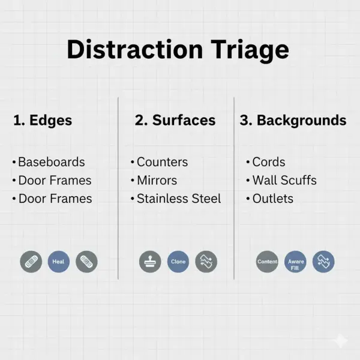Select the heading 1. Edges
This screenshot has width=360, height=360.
43,120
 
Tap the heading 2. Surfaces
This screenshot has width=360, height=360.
175,120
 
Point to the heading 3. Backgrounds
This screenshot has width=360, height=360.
293,120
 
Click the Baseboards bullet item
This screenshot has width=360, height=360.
51,162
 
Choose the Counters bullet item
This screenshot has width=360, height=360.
162,162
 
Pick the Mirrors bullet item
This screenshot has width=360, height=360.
157,180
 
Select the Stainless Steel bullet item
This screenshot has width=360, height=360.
178,199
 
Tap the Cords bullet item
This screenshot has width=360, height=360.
268,162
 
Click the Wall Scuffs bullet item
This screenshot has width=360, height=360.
284,180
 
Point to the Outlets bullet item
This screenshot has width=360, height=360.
272,199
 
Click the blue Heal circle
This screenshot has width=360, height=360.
58,262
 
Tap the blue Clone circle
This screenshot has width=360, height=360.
178,262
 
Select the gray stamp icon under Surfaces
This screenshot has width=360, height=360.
150,262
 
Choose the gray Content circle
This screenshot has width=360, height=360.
267,262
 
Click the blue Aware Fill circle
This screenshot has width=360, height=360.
295,262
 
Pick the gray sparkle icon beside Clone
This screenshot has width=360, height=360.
206,262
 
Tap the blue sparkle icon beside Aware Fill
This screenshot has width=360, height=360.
323,262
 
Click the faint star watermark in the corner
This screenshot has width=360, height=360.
340,341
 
